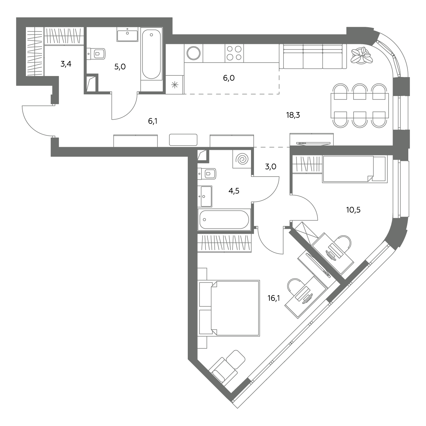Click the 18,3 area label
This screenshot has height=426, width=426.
coord(293,115)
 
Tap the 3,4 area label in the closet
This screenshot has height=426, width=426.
coord(66,64)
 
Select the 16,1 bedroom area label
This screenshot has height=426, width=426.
coord(274,298)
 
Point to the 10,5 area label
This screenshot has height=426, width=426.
coord(353,210)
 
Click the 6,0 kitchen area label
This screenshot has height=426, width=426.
coord(229,78)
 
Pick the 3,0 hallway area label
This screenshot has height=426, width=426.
coord(271,166)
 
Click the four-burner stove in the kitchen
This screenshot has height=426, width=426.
coord(234,53)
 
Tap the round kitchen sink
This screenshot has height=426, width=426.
coord(194,53)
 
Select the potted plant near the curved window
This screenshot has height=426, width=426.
coord(361,55)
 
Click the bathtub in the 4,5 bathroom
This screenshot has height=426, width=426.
coord(224,220)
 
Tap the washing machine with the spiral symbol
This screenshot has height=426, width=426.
coord(242,159)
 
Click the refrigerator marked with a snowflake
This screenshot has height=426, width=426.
coord(175,85)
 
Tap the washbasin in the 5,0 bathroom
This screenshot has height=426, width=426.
coord(127,34)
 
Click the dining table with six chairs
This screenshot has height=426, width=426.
coord(360,106)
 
